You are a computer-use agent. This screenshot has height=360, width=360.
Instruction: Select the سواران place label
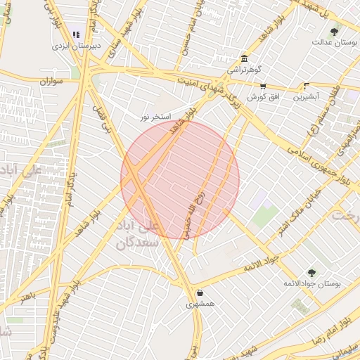(x=51, y=82)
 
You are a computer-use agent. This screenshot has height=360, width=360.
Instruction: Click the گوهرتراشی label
(x=243, y=70)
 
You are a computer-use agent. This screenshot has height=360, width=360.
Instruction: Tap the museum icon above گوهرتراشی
(x=243, y=58)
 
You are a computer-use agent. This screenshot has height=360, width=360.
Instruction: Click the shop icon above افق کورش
(x=262, y=86)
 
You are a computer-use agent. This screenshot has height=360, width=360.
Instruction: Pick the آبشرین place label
(x=306, y=96)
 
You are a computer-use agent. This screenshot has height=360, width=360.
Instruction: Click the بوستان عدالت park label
(x=331, y=41)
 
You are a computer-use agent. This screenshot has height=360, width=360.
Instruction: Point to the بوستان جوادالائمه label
(x=311, y=283)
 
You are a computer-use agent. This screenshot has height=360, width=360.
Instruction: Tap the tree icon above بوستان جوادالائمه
(x=311, y=271)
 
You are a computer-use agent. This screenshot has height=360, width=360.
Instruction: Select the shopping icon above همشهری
(x=200, y=293)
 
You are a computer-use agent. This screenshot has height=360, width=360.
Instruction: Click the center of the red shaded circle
(x=180, y=179)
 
